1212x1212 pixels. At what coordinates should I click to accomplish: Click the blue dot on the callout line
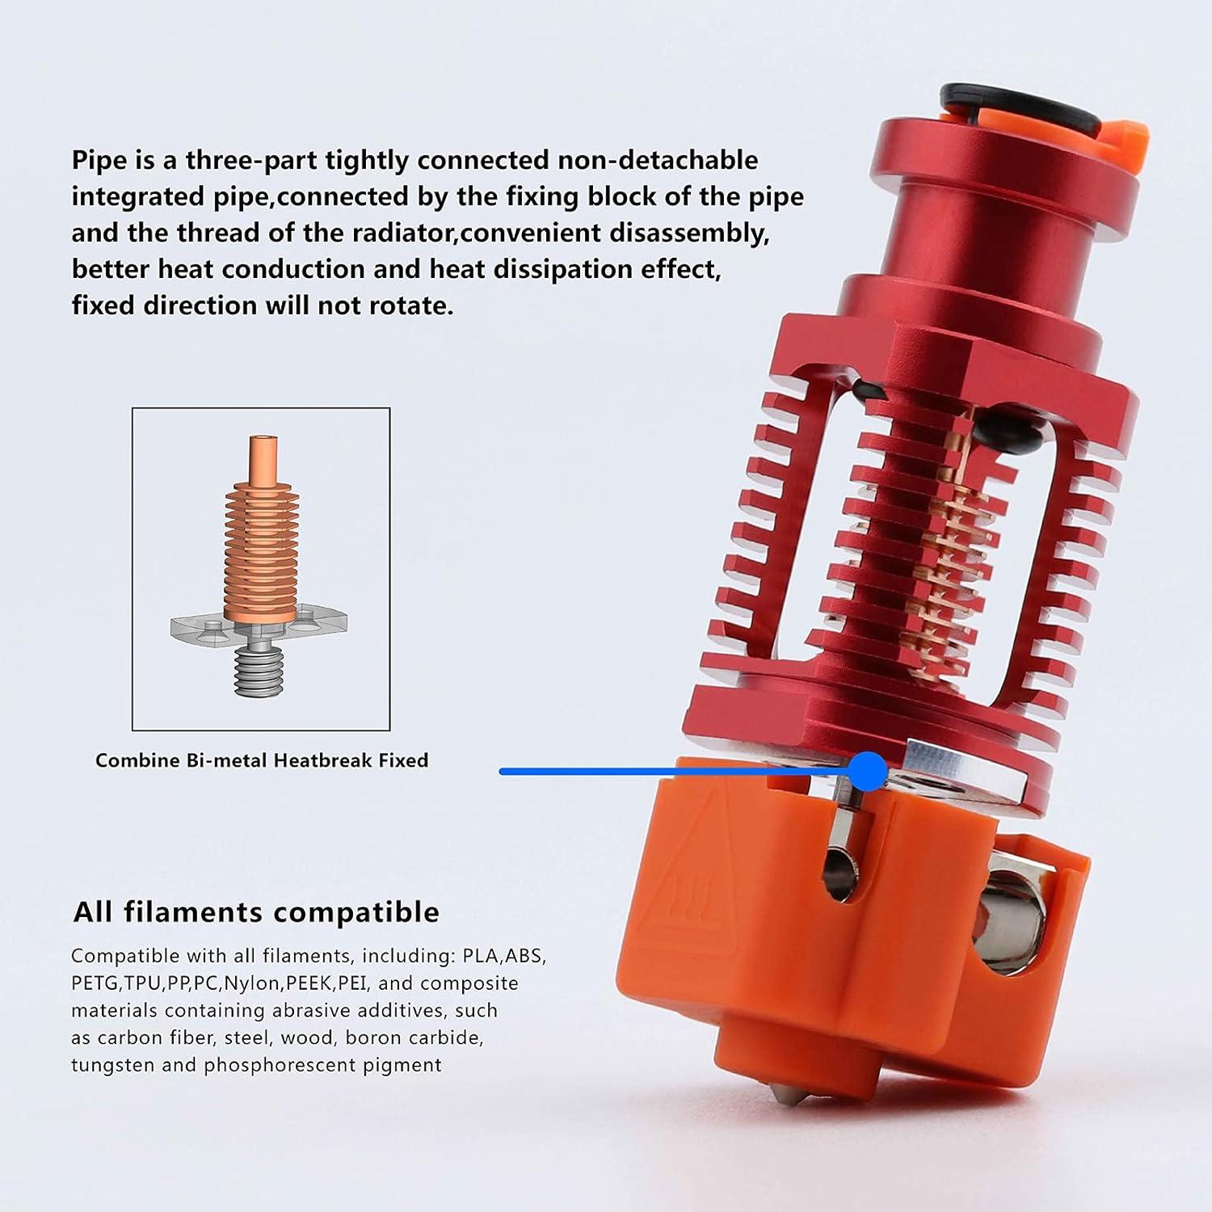(869, 771)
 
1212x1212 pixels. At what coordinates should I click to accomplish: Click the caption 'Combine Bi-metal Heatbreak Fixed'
(262, 760)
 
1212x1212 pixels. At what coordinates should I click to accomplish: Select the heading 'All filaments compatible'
(256, 912)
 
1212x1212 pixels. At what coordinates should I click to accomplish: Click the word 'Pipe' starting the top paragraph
(99, 160)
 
